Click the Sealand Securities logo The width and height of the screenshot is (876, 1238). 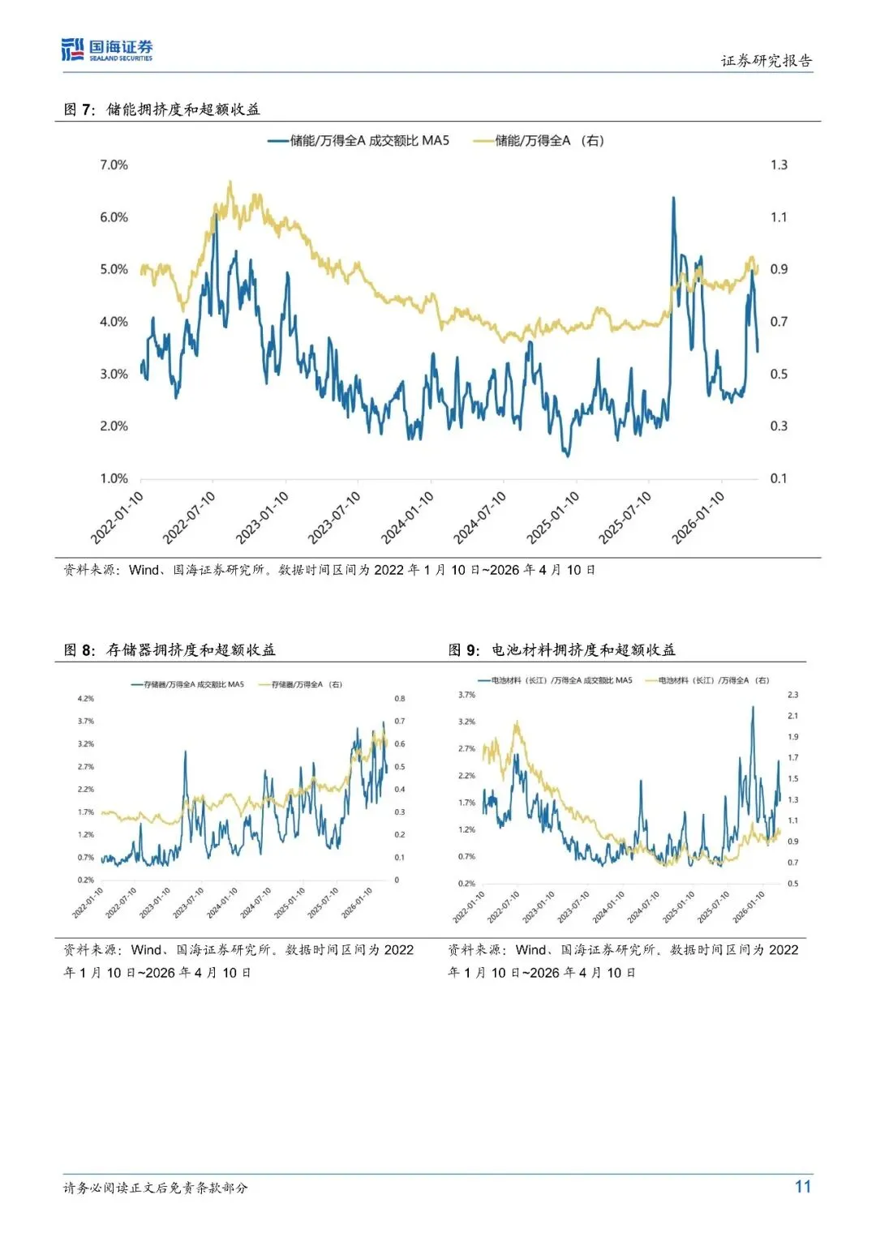[107, 50]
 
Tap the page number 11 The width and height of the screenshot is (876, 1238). [802, 1187]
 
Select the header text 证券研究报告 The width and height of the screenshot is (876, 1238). [766, 61]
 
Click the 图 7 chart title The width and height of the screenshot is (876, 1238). [162, 109]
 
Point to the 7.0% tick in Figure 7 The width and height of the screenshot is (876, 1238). [114, 165]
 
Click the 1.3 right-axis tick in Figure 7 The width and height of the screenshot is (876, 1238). [779, 165]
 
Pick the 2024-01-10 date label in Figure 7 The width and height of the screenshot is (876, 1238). [408, 516]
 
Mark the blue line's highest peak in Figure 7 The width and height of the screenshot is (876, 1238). [673, 198]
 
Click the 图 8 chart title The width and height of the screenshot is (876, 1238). [170, 650]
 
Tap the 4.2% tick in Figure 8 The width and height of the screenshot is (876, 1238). [86, 699]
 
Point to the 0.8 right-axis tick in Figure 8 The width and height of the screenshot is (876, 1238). [400, 699]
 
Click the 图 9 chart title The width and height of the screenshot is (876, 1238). [562, 650]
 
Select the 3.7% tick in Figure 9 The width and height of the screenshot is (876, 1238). [467, 695]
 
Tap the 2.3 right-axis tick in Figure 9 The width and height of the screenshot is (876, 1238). [792, 695]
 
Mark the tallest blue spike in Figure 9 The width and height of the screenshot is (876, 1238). [753, 707]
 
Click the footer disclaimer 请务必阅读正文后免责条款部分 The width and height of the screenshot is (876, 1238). [156, 1188]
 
